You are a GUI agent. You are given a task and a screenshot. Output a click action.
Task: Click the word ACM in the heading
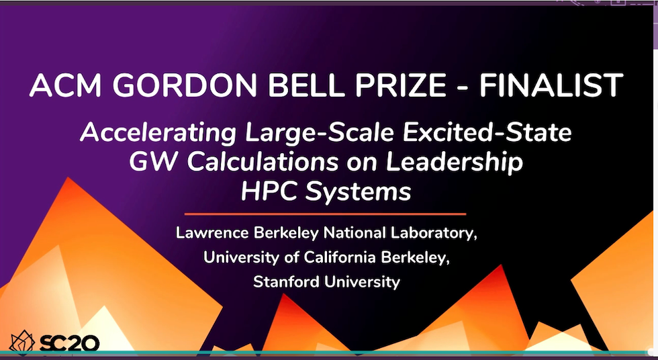click(66, 85)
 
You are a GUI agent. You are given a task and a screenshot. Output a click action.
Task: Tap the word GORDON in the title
click(185, 85)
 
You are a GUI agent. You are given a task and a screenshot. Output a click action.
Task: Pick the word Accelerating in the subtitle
click(158, 134)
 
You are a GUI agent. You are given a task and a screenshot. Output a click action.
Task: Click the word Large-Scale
click(320, 134)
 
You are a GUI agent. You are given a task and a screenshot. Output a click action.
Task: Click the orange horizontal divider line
click(325, 214)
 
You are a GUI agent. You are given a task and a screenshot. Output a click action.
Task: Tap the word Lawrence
click(213, 233)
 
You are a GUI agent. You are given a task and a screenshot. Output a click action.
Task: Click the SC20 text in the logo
click(69, 343)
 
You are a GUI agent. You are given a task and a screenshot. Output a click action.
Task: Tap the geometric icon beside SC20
click(21, 341)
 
